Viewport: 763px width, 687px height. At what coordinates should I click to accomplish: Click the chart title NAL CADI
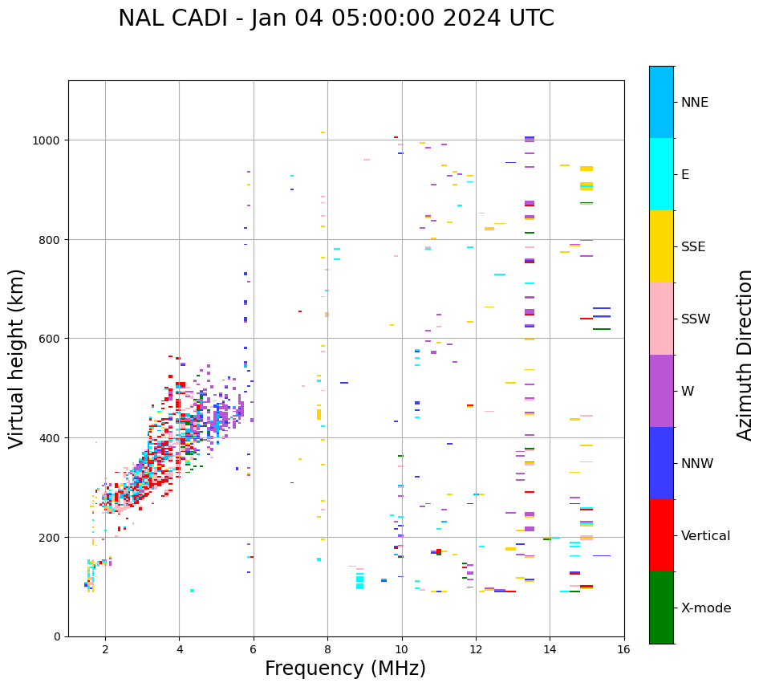pyautogui.click(x=335, y=18)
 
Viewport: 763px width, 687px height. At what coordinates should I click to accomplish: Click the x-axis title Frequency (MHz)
pyautogui.click(x=345, y=669)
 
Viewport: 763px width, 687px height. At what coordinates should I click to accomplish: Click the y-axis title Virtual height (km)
pyautogui.click(x=17, y=358)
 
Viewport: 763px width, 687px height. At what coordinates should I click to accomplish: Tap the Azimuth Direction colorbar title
pyautogui.click(x=745, y=355)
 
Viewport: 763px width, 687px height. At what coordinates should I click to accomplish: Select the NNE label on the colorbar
pyautogui.click(x=706, y=103)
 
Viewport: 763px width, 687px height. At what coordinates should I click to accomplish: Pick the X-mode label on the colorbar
pyautogui.click(x=706, y=608)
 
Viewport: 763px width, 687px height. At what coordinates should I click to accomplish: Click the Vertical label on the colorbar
pyautogui.click(x=706, y=536)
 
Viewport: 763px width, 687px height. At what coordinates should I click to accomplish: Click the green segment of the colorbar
pyautogui.click(x=661, y=608)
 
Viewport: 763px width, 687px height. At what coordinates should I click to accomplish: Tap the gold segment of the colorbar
pyautogui.click(x=661, y=246)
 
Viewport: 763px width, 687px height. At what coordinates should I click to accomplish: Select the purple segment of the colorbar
pyautogui.click(x=661, y=391)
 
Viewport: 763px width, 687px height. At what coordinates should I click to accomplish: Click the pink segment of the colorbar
pyautogui.click(x=661, y=319)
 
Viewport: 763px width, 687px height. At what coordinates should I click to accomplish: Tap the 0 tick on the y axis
pyautogui.click(x=58, y=636)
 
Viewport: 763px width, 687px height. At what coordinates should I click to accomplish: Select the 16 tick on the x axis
pyautogui.click(x=624, y=650)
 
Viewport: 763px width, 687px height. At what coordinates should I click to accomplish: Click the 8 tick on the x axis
pyautogui.click(x=327, y=650)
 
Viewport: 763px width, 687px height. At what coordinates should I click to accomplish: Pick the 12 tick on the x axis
pyautogui.click(x=476, y=650)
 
